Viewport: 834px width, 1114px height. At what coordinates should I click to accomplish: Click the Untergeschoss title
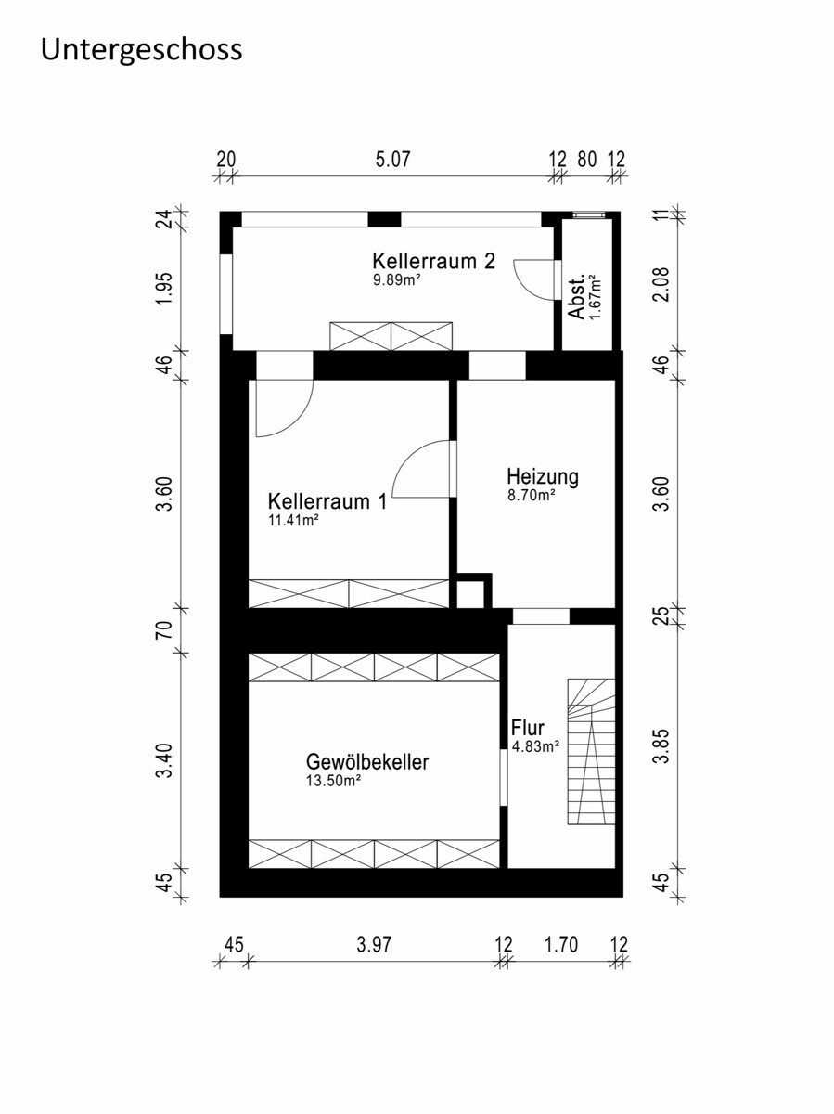tap(141, 51)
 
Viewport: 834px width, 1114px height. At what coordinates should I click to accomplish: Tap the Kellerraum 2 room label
tap(433, 261)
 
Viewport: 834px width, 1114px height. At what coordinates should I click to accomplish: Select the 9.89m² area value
tap(397, 279)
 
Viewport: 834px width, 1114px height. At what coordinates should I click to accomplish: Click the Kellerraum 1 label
tap(327, 501)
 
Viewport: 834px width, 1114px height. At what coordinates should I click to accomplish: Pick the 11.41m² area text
tap(293, 520)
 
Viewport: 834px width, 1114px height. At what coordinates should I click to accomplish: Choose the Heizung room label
tap(543, 477)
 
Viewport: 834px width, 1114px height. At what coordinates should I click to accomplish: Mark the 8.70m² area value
tap(532, 495)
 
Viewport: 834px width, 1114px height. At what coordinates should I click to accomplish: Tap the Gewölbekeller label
tap(367, 762)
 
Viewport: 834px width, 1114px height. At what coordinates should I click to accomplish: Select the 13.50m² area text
tap(333, 781)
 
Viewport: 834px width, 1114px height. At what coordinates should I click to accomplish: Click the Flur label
tap(527, 728)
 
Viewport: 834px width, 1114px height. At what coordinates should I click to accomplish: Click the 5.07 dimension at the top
tap(392, 160)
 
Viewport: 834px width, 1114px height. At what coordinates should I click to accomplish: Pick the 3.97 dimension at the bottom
tap(374, 944)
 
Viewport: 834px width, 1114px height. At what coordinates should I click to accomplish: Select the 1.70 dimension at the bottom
tap(560, 944)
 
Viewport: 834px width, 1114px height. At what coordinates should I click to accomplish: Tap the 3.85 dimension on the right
tap(661, 746)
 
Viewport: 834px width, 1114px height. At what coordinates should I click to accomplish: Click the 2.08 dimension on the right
tap(661, 284)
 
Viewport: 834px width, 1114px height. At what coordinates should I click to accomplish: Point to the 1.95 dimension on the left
tap(164, 289)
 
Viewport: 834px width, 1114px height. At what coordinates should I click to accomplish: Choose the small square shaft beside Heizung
tap(470, 594)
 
